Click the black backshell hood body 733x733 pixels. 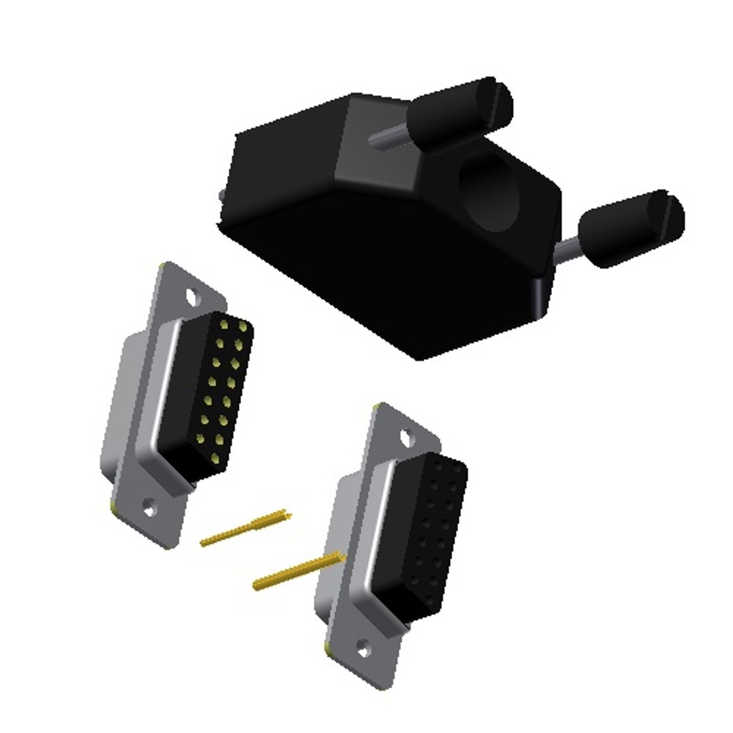380,258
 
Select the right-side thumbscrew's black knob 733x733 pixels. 624,227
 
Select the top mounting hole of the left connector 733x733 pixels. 194,296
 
